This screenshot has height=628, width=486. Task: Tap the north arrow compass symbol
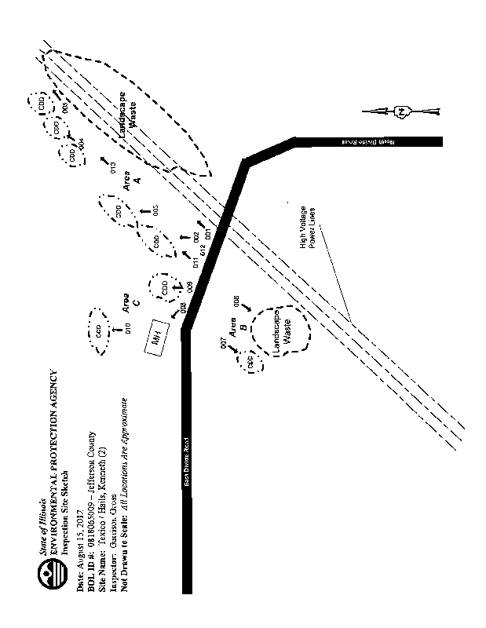402,111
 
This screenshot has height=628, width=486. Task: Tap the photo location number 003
155,210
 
